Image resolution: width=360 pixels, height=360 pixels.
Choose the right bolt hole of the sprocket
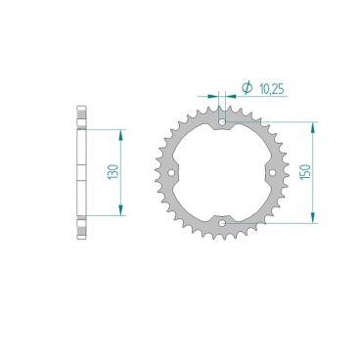273,173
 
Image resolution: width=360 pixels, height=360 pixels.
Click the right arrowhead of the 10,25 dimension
231,97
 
